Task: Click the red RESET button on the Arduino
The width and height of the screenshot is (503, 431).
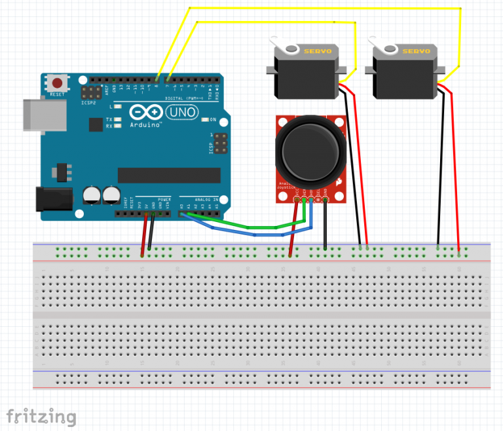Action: click(58, 83)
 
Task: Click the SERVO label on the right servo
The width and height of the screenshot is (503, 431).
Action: click(416, 51)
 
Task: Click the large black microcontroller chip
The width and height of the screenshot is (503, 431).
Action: click(169, 174)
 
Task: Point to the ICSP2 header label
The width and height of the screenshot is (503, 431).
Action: click(89, 103)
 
